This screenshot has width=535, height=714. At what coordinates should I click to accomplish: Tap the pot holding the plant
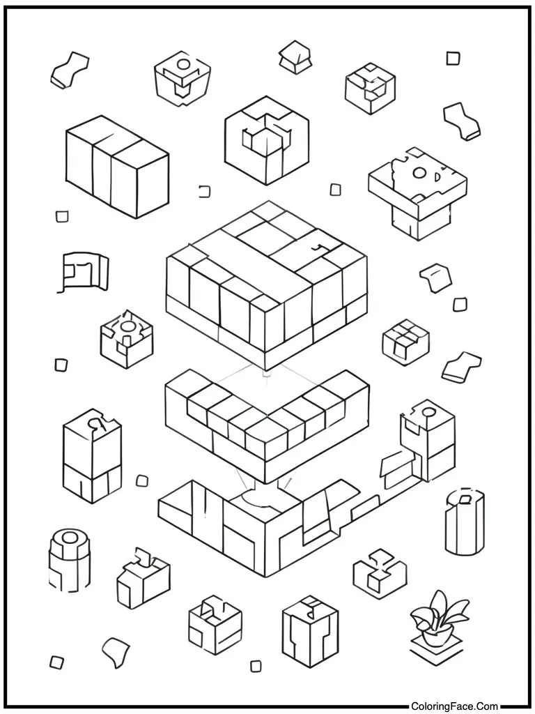pos(437,636)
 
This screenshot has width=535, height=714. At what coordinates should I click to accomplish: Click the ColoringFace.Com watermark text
pos(455,706)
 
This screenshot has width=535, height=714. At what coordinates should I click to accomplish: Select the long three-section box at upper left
pos(117,166)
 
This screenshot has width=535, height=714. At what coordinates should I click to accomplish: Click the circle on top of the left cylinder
pos(70,538)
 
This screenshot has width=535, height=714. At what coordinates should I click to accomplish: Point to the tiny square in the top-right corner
pos(453,59)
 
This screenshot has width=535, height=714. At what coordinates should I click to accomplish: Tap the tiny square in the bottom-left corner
pos(56,662)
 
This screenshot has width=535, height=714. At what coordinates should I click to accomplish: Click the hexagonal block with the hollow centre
pos(267,139)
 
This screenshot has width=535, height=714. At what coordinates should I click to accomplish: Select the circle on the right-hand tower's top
pos(428,412)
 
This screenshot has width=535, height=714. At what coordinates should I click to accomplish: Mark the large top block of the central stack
pos(267,285)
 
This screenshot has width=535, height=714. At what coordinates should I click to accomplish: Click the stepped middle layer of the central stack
pos(267,426)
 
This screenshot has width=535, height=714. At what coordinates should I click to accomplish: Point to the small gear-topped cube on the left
pos(127,339)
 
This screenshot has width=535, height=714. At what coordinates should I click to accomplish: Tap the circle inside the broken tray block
pos(419,173)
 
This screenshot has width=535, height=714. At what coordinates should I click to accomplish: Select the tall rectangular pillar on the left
pos(93,456)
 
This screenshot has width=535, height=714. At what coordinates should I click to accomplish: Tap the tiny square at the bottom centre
pos(256,666)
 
